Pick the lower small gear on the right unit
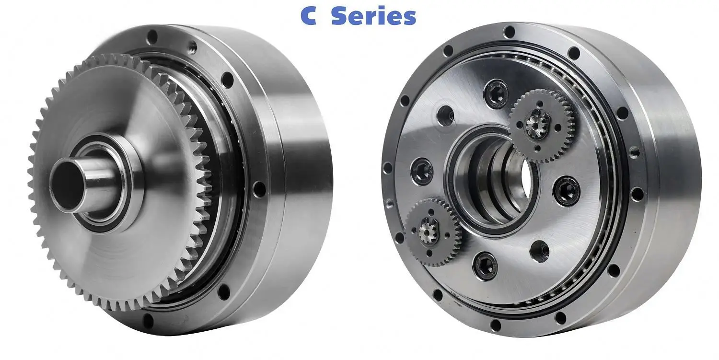(433, 231)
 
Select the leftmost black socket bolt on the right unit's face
(422, 169)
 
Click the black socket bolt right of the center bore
(566, 190)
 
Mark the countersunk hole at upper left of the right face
(445, 116)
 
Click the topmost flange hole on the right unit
(509, 32)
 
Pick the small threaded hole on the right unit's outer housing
(635, 153)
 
